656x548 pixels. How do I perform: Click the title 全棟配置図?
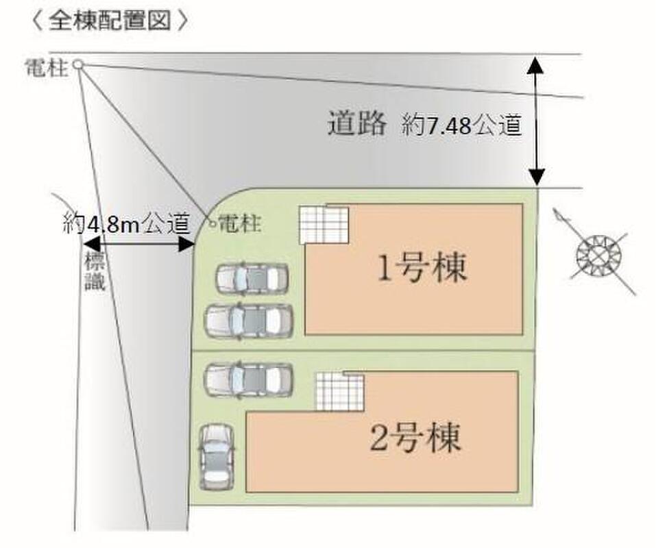[110, 21]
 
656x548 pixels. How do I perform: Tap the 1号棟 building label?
[422, 268]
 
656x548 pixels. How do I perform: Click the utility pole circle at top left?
[78, 64]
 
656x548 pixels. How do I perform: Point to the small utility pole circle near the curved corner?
[212, 224]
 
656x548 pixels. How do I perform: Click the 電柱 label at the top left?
[46, 67]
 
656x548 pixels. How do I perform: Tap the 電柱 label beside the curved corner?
[240, 223]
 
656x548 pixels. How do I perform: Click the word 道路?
[356, 123]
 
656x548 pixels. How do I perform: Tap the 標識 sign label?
[95, 272]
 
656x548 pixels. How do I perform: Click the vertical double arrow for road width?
[536, 121]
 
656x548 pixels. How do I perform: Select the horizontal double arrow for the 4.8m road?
[139, 245]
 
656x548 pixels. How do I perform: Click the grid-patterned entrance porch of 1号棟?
[324, 225]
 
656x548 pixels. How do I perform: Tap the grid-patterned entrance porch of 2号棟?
[339, 392]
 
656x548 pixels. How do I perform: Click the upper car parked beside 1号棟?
[252, 277]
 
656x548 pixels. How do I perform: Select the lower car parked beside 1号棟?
[249, 321]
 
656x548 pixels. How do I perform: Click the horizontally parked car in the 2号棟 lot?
[249, 379]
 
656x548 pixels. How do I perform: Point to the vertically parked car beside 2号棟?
[217, 457]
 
